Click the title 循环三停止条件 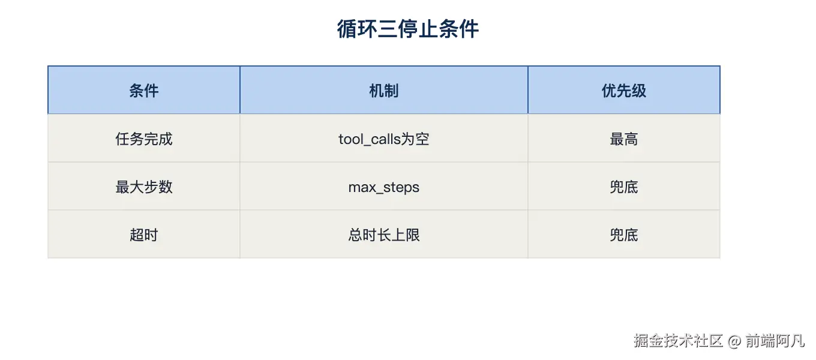(x=407, y=29)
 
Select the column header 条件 (x=144, y=91)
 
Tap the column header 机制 (x=384, y=91)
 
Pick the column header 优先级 (x=623, y=91)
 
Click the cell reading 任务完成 (x=144, y=139)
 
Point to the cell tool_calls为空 (x=384, y=139)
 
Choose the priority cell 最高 (x=623, y=139)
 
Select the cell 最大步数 (x=144, y=187)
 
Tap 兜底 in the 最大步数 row (x=623, y=187)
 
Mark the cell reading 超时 (x=144, y=235)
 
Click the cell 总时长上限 (x=384, y=235)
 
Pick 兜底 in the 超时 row (x=623, y=235)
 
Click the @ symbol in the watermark (x=734, y=341)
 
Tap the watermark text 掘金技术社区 (x=678, y=341)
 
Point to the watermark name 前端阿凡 (x=775, y=341)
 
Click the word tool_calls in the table (x=370, y=139)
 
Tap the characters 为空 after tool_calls (x=415, y=139)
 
